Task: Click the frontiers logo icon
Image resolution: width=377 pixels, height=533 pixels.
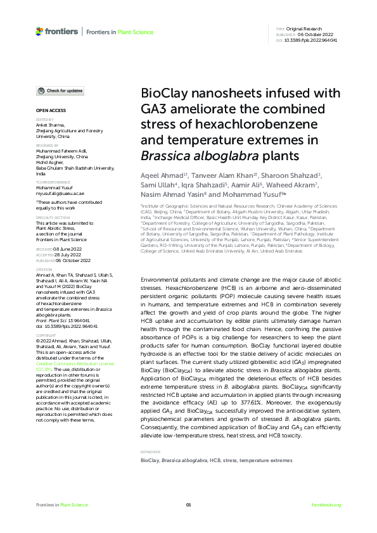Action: (40, 31)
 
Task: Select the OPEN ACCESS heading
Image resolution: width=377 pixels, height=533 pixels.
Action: (47, 110)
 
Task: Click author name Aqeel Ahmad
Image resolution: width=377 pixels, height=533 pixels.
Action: (160, 175)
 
